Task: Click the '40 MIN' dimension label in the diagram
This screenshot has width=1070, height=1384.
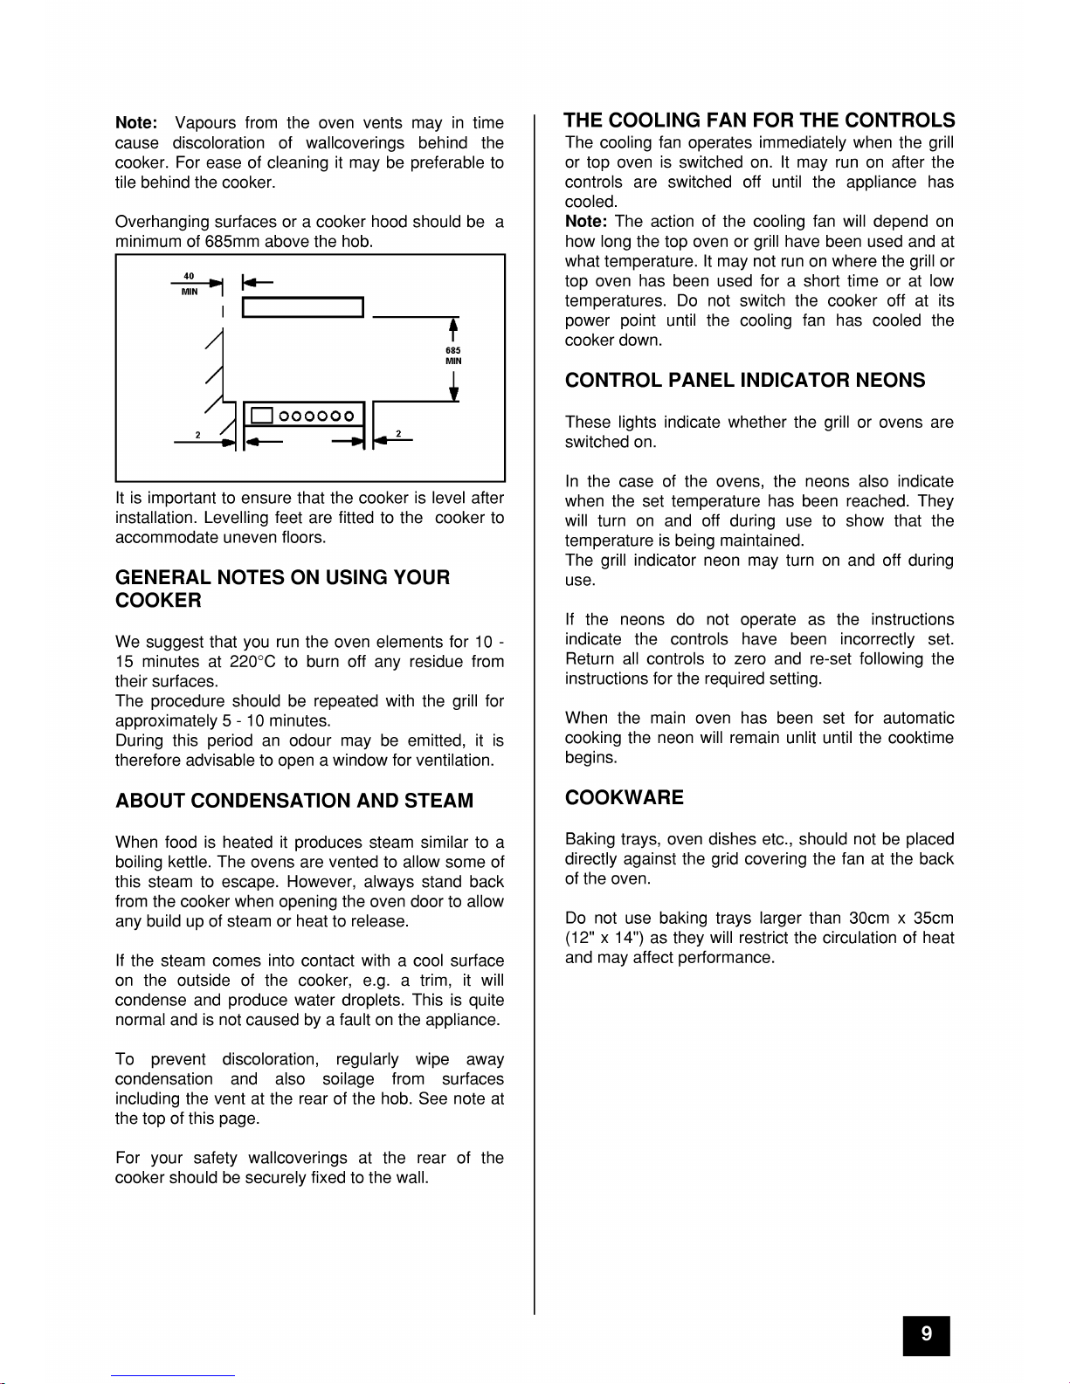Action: point(189,284)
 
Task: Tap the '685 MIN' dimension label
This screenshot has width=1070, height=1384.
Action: point(453,355)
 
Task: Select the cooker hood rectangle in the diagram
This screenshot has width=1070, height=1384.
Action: point(302,307)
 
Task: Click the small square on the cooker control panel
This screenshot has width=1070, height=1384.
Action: point(262,417)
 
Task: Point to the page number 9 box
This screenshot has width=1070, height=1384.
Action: point(926,1334)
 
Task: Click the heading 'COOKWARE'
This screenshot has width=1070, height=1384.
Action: point(625,797)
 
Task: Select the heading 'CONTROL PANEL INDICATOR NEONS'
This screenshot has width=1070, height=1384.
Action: point(745,381)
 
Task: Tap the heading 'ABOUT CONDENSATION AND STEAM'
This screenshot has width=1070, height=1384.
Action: point(294,801)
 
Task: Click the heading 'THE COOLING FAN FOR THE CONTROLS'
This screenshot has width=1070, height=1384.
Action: point(759,120)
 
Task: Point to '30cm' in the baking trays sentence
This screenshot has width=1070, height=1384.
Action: point(869,919)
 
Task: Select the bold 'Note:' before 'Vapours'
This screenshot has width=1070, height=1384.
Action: point(136,123)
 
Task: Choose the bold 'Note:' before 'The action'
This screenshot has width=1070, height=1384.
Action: point(586,222)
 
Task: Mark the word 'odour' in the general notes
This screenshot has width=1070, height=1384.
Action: point(309,740)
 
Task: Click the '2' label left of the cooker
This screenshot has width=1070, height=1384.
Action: point(198,434)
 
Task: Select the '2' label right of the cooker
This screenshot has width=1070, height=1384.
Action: point(398,433)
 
